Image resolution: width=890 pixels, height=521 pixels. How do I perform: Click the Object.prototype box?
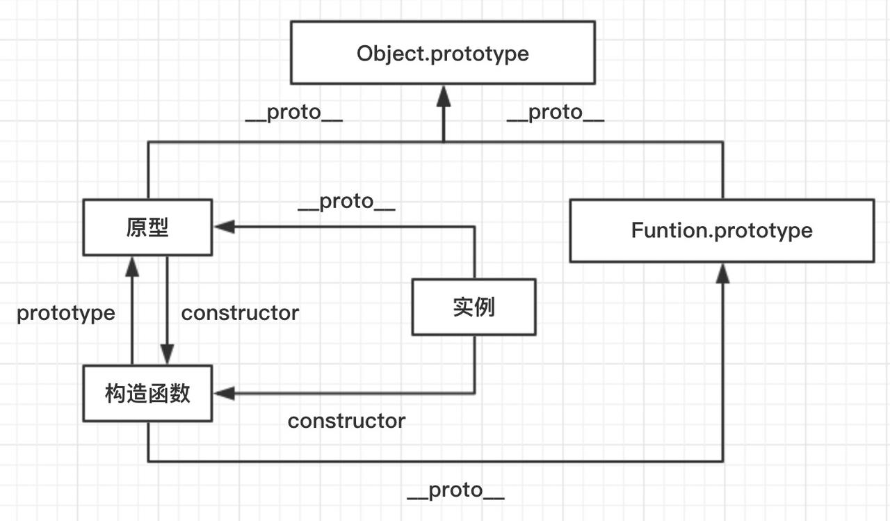click(442, 53)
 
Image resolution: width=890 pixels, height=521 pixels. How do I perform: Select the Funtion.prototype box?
click(722, 231)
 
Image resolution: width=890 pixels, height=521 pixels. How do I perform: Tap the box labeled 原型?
click(147, 227)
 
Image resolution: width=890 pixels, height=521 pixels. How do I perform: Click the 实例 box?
click(474, 307)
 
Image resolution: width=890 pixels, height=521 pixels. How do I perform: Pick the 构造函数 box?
click(147, 394)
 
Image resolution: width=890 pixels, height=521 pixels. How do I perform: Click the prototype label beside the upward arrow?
click(66, 313)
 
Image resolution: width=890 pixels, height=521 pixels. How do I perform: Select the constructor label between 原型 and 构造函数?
click(240, 313)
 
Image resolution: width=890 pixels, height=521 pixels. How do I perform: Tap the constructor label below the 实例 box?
click(346, 421)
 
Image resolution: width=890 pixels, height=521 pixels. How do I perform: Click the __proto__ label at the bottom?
click(455, 490)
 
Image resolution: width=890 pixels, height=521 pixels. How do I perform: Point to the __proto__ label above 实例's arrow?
click(346, 202)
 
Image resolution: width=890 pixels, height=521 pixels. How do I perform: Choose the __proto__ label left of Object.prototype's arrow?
click(293, 113)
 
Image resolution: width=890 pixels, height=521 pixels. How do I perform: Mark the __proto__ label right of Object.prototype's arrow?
click(555, 113)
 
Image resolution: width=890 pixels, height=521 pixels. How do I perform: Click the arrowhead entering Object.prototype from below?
click(443, 95)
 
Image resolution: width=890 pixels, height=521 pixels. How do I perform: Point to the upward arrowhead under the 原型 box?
click(131, 266)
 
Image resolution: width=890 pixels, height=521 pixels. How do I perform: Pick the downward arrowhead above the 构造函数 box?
click(167, 355)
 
